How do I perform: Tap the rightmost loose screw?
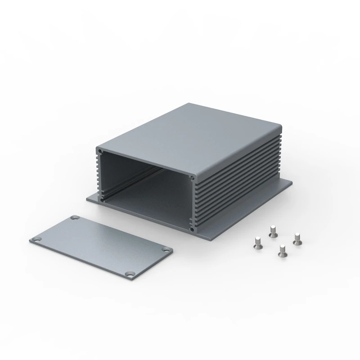coord(297,239)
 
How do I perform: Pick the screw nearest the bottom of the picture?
coord(282,251)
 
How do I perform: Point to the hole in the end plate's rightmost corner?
coord(167,250)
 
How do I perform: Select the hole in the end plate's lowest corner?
coord(130,274)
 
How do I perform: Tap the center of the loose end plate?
coord(101,245)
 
